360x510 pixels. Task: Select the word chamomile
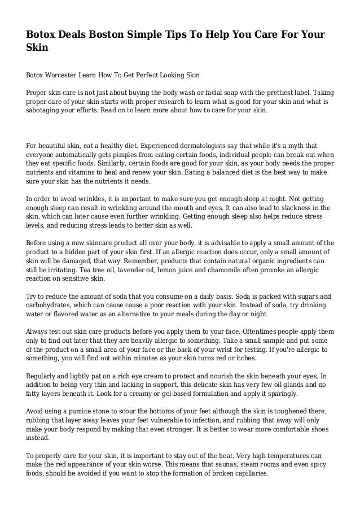coord(240,271)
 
